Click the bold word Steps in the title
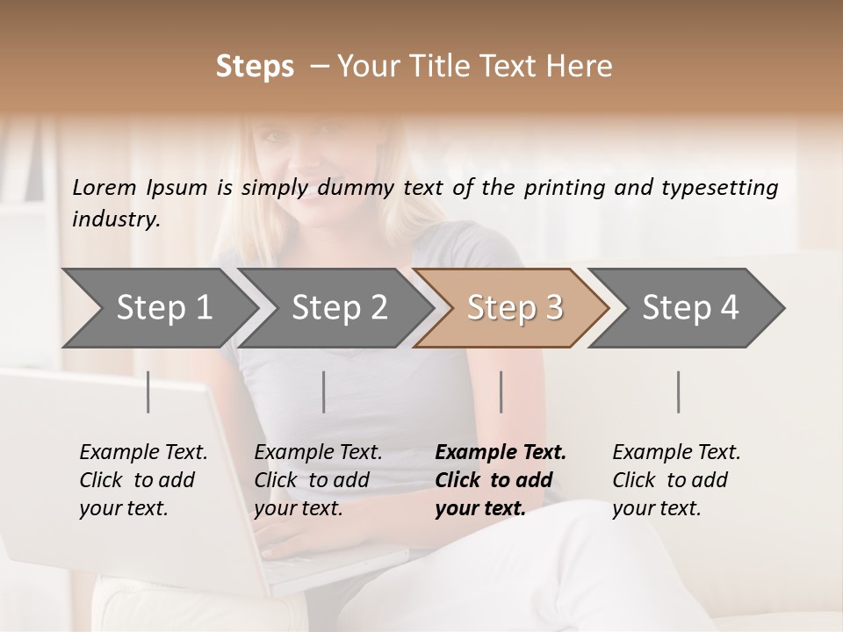coord(255,67)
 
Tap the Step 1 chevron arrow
coord(158,308)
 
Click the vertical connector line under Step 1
coord(148,391)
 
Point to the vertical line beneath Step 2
coord(324,391)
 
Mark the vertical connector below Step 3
coord(501,391)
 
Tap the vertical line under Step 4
coord(679,391)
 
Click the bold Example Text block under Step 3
coord(500,480)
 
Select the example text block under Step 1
coord(143,480)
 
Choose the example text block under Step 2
coord(318,480)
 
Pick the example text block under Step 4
coord(676,480)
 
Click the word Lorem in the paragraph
coord(104,187)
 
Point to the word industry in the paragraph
coord(116,219)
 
